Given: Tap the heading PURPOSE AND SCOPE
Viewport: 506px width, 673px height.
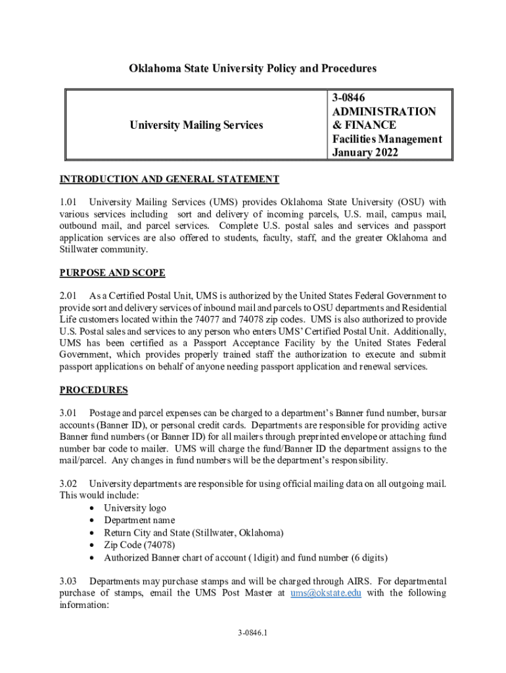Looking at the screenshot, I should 112,273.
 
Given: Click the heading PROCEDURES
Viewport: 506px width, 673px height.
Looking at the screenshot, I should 93,390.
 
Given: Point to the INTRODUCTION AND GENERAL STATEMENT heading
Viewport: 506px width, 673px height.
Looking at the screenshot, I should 170,179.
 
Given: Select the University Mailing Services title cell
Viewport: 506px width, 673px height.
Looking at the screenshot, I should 196,125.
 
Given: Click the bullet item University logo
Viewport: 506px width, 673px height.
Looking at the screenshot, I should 135,508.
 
